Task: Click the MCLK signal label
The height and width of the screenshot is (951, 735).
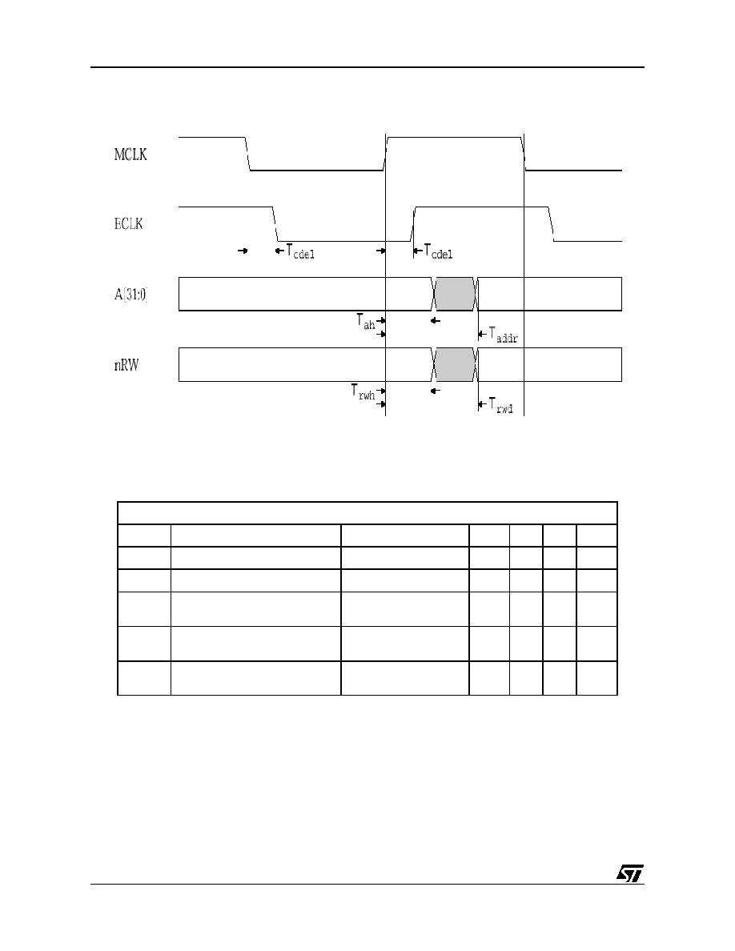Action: click(x=131, y=154)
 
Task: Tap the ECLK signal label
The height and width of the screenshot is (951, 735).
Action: click(x=129, y=224)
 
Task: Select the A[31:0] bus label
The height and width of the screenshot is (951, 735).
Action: click(x=131, y=295)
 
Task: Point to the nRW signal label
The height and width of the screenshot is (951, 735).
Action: click(x=127, y=365)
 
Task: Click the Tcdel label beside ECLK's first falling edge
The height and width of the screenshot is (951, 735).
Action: click(x=300, y=251)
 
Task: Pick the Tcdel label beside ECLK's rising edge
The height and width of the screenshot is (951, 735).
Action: click(x=438, y=251)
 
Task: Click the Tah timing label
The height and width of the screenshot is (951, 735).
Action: click(x=366, y=322)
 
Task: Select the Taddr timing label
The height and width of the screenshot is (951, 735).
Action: click(x=504, y=335)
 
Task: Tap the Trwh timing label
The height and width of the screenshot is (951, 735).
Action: click(x=363, y=391)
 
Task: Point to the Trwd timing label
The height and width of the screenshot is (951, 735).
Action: click(x=501, y=405)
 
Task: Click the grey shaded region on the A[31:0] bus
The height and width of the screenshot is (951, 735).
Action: click(x=454, y=294)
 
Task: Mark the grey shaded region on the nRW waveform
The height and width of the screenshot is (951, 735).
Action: click(x=454, y=364)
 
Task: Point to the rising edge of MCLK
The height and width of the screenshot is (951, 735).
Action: click(x=386, y=154)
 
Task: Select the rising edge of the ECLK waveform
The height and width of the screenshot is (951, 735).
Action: click(x=413, y=224)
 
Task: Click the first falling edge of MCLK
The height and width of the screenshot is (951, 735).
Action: click(x=248, y=154)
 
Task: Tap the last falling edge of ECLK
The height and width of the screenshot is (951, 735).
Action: click(x=552, y=224)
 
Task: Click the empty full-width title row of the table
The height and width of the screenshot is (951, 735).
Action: click(x=367, y=513)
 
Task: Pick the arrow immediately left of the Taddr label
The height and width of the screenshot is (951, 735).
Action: click(x=483, y=334)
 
